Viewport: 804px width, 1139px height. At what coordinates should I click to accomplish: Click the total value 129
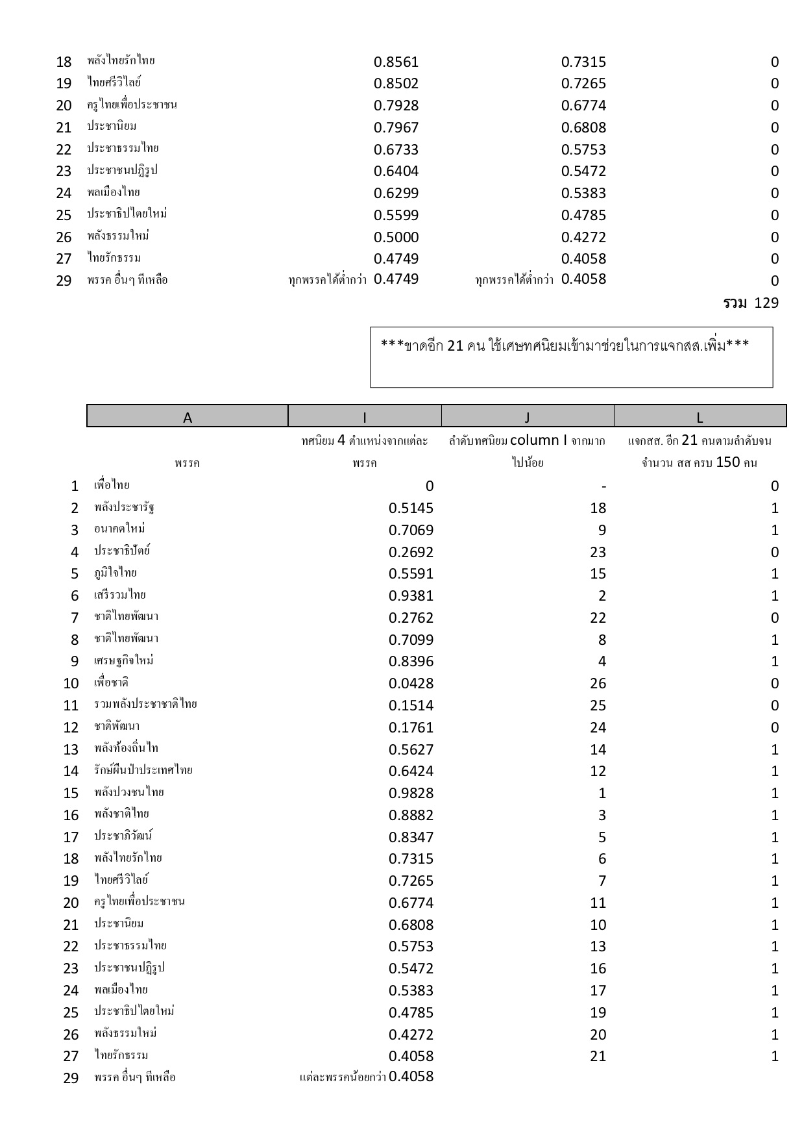(x=766, y=303)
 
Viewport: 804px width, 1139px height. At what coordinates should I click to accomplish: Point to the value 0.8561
(x=396, y=62)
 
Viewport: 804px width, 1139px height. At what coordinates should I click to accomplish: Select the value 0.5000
(x=396, y=237)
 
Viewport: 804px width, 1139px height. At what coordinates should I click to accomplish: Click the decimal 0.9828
(x=411, y=793)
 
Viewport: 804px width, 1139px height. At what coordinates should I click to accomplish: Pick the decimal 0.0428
(x=411, y=683)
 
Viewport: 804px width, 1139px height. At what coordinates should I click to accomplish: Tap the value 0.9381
(x=411, y=595)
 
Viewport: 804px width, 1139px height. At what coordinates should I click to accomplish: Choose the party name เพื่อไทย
(x=112, y=485)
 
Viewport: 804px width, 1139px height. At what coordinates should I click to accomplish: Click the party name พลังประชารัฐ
(x=124, y=507)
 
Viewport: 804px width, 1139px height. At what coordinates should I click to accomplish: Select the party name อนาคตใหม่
(x=119, y=529)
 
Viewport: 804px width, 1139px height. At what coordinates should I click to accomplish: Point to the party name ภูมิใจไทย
(x=116, y=573)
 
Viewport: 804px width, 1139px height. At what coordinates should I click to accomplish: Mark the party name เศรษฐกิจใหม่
(x=123, y=660)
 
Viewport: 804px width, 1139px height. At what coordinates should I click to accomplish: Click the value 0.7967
(x=396, y=127)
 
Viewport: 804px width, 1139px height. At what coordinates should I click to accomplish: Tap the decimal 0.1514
(x=411, y=705)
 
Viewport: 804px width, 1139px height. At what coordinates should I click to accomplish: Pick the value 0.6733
(x=396, y=149)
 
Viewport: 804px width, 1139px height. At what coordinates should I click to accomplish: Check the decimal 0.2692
(x=411, y=552)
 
